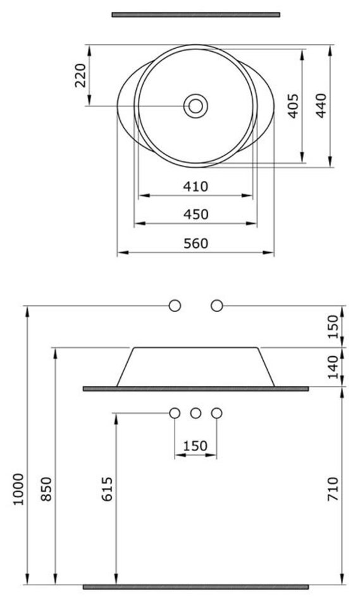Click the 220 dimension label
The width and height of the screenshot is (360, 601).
coord(80,75)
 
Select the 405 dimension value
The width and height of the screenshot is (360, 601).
coord(293,106)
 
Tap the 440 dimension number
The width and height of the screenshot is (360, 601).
coord(321,106)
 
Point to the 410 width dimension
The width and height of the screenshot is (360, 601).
coord(196,187)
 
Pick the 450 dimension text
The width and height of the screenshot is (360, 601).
coord(196,214)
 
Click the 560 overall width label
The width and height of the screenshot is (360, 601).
coord(196,244)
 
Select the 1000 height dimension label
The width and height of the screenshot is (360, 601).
coord(18,489)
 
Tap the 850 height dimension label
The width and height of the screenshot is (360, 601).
coord(46,488)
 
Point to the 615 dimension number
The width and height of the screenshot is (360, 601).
coord(108,488)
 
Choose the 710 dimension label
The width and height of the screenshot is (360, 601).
coord(333,488)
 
